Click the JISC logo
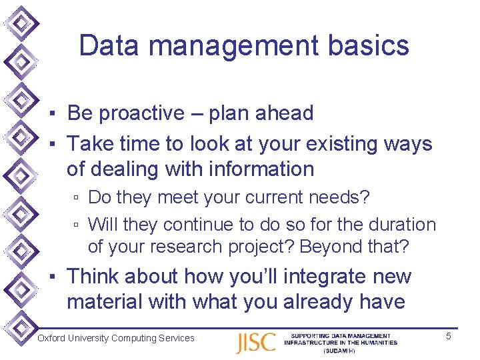(255, 342)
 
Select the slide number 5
(449, 336)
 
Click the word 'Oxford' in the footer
(51, 338)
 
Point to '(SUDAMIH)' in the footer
(340, 351)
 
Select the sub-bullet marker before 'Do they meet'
(77, 199)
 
